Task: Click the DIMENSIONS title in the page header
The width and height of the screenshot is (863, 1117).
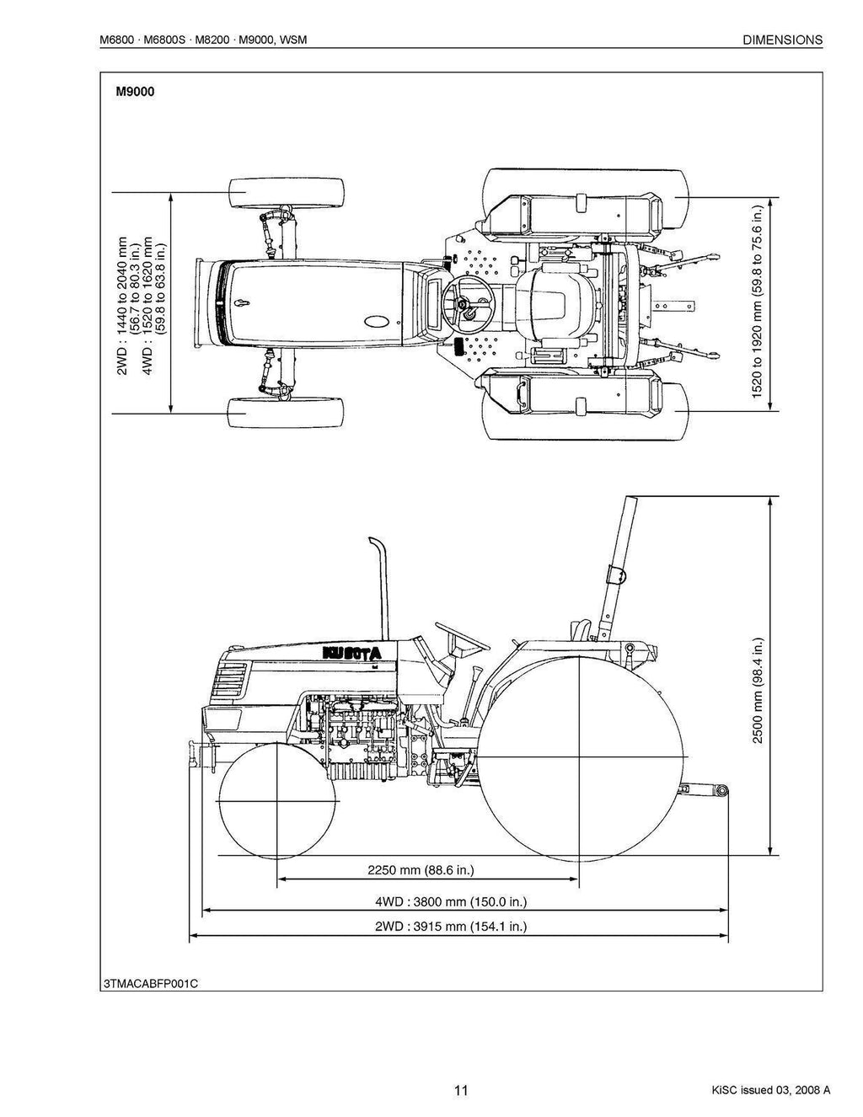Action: (783, 40)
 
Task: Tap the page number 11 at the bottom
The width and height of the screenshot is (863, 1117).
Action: (460, 1090)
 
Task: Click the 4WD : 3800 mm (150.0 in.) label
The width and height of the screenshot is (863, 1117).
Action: (451, 901)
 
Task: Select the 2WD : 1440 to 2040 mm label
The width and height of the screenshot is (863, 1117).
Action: (123, 305)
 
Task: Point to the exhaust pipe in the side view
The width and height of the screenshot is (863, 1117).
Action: (380, 590)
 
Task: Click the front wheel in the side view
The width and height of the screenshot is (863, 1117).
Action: (277, 801)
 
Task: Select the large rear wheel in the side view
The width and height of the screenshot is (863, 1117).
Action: (580, 757)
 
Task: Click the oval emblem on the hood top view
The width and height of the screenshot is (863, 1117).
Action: (377, 320)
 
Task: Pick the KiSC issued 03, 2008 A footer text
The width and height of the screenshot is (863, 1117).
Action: (770, 1090)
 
